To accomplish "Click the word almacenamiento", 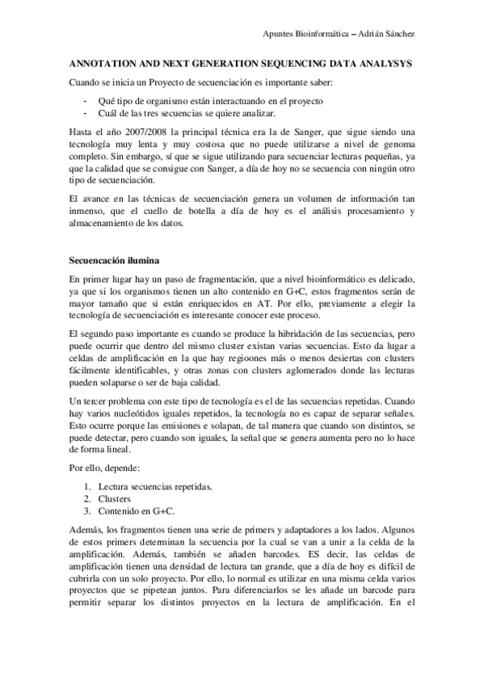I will click(x=102, y=224).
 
